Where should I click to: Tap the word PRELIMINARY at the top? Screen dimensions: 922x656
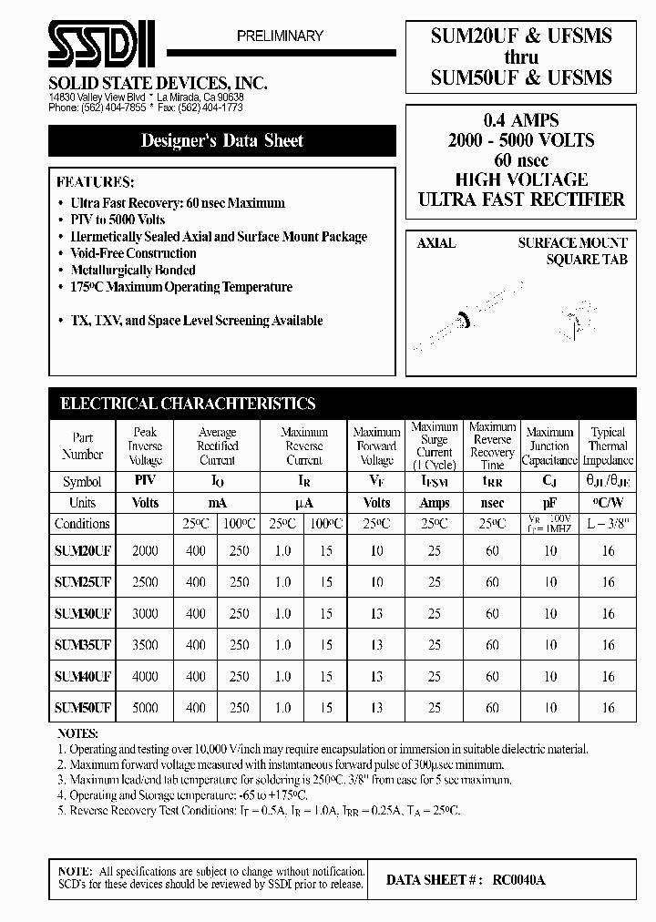[x=280, y=36]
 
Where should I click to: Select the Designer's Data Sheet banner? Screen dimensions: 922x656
[x=222, y=141]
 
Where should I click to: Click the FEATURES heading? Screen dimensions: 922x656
[x=95, y=181]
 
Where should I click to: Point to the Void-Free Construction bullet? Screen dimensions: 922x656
[x=133, y=253]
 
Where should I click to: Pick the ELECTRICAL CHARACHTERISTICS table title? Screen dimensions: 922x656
[x=187, y=404]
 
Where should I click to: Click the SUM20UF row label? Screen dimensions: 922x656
[x=83, y=550]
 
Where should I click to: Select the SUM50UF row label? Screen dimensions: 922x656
[x=83, y=707]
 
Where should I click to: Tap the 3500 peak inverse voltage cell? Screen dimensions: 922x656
[x=145, y=645]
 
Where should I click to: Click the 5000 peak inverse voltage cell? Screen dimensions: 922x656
[x=145, y=707]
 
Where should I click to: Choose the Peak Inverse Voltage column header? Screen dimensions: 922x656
[x=145, y=446]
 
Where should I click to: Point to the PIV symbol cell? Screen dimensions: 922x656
[x=145, y=482]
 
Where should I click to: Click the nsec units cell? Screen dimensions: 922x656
[x=492, y=503]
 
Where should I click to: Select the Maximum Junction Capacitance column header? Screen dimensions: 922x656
[x=550, y=446]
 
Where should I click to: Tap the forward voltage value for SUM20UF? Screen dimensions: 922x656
[x=376, y=550]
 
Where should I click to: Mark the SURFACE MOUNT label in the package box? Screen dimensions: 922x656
[x=572, y=243]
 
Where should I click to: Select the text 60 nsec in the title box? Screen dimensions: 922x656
[x=521, y=159]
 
